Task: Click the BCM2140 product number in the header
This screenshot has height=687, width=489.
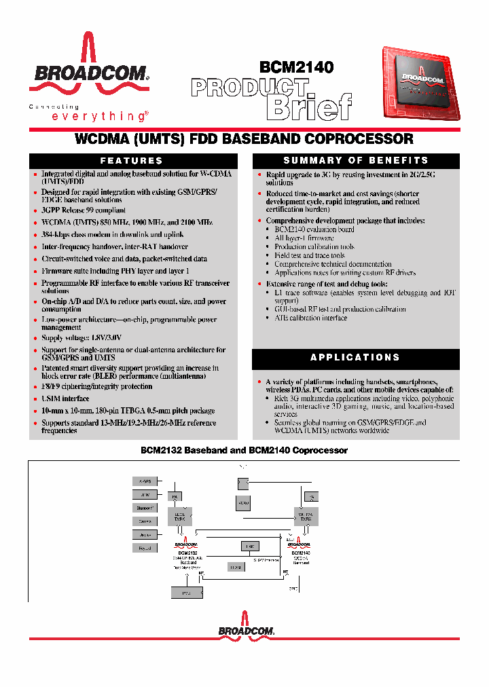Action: point(296,67)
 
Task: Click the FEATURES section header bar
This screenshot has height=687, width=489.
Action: point(132,161)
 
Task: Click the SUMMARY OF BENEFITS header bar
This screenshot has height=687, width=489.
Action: point(355,161)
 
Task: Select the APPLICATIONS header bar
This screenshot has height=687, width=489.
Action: point(355,357)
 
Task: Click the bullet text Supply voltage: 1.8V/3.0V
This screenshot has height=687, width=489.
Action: point(81,337)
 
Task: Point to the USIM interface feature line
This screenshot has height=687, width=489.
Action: point(65,399)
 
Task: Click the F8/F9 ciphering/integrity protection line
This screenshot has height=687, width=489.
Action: point(96,387)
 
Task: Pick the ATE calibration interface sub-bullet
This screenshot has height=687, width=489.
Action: point(310,318)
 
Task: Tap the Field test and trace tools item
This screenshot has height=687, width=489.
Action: point(309,255)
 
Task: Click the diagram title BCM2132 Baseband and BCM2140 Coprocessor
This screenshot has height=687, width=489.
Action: point(244,450)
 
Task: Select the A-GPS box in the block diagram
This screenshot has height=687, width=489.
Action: point(145,481)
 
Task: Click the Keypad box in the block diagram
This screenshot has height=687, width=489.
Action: point(145,547)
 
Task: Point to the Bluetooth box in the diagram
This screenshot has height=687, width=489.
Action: point(145,508)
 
